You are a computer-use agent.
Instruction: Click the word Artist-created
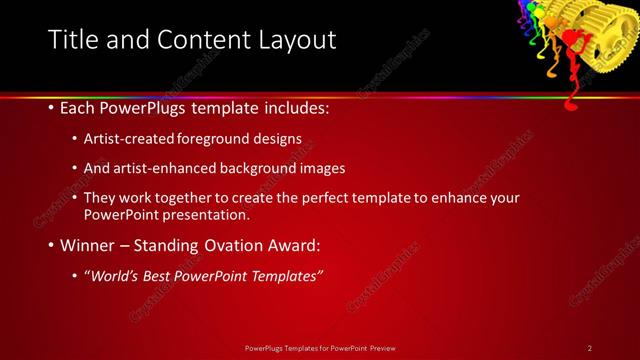coord(127,139)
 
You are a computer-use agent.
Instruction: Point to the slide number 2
coord(590,348)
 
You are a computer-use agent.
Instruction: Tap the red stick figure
coord(574,45)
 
